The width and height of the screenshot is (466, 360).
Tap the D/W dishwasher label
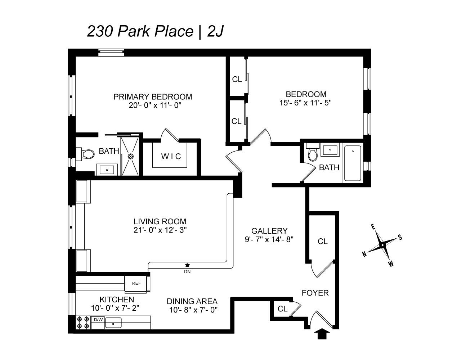coord(98,320)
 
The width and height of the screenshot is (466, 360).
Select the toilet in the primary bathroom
coord(85,154)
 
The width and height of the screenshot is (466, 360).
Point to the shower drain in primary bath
coord(130,156)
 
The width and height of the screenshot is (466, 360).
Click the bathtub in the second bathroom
coord(352,163)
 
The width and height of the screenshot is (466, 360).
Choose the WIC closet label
coord(171,157)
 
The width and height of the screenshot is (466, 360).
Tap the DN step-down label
coord(187,272)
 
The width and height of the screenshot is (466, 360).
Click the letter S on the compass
coord(400,237)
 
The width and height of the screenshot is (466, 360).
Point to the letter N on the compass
coord(364,255)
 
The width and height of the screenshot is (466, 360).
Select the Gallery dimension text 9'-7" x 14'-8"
coord(269,239)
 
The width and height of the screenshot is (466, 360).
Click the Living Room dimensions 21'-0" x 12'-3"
coord(160,230)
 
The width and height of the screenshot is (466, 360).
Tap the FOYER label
coord(315,293)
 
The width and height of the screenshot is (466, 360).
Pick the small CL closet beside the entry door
coord(282,309)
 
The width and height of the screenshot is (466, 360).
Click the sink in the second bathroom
coord(330,149)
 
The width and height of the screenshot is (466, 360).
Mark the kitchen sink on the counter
coord(113,323)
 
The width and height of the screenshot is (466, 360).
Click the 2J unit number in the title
coord(215,31)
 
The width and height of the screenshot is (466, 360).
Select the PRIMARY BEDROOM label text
coord(153,97)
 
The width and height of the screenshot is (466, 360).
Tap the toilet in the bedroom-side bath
coord(313,152)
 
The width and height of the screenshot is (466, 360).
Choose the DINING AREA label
coord(192,302)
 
